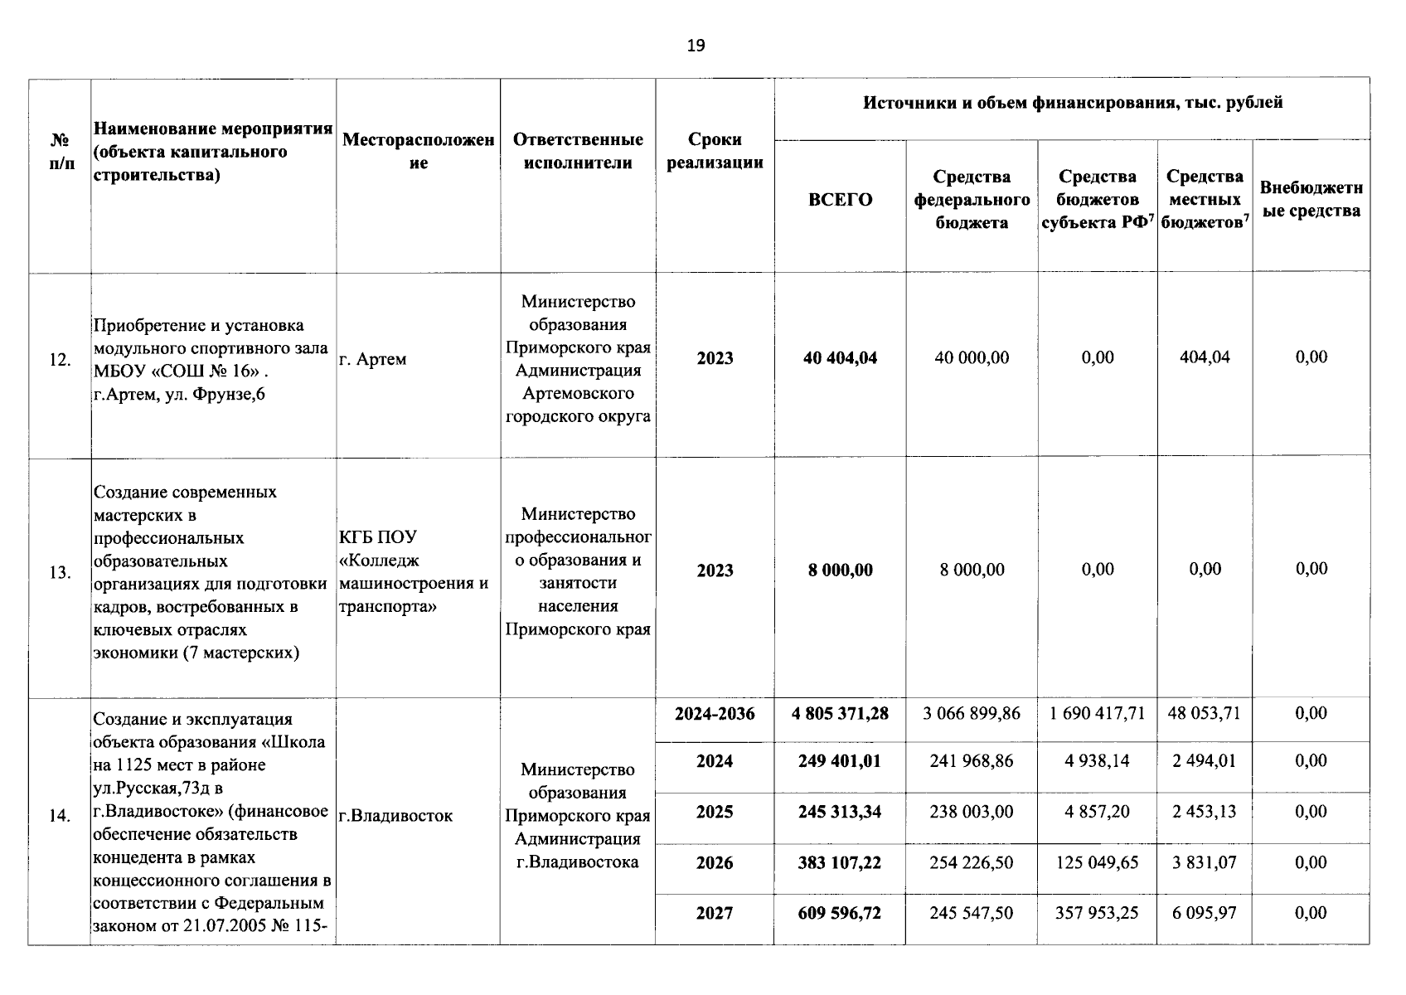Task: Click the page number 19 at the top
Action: (x=696, y=46)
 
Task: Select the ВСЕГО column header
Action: (x=840, y=200)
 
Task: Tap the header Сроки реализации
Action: (x=715, y=151)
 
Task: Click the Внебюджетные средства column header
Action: (x=1311, y=199)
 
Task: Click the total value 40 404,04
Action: (x=840, y=358)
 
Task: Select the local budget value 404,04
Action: (x=1205, y=357)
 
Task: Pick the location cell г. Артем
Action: (x=373, y=360)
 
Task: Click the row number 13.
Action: (x=60, y=572)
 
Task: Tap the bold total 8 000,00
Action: (x=840, y=570)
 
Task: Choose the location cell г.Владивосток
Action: (x=396, y=816)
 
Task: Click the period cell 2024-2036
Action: (x=715, y=714)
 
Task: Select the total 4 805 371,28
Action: (x=840, y=714)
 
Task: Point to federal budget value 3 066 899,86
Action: (x=972, y=713)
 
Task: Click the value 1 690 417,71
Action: (x=1097, y=713)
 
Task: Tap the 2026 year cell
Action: (x=715, y=863)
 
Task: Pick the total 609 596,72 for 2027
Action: (x=840, y=914)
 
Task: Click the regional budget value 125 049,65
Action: (x=1097, y=863)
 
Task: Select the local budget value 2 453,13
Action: (x=1205, y=812)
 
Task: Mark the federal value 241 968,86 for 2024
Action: (x=972, y=761)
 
